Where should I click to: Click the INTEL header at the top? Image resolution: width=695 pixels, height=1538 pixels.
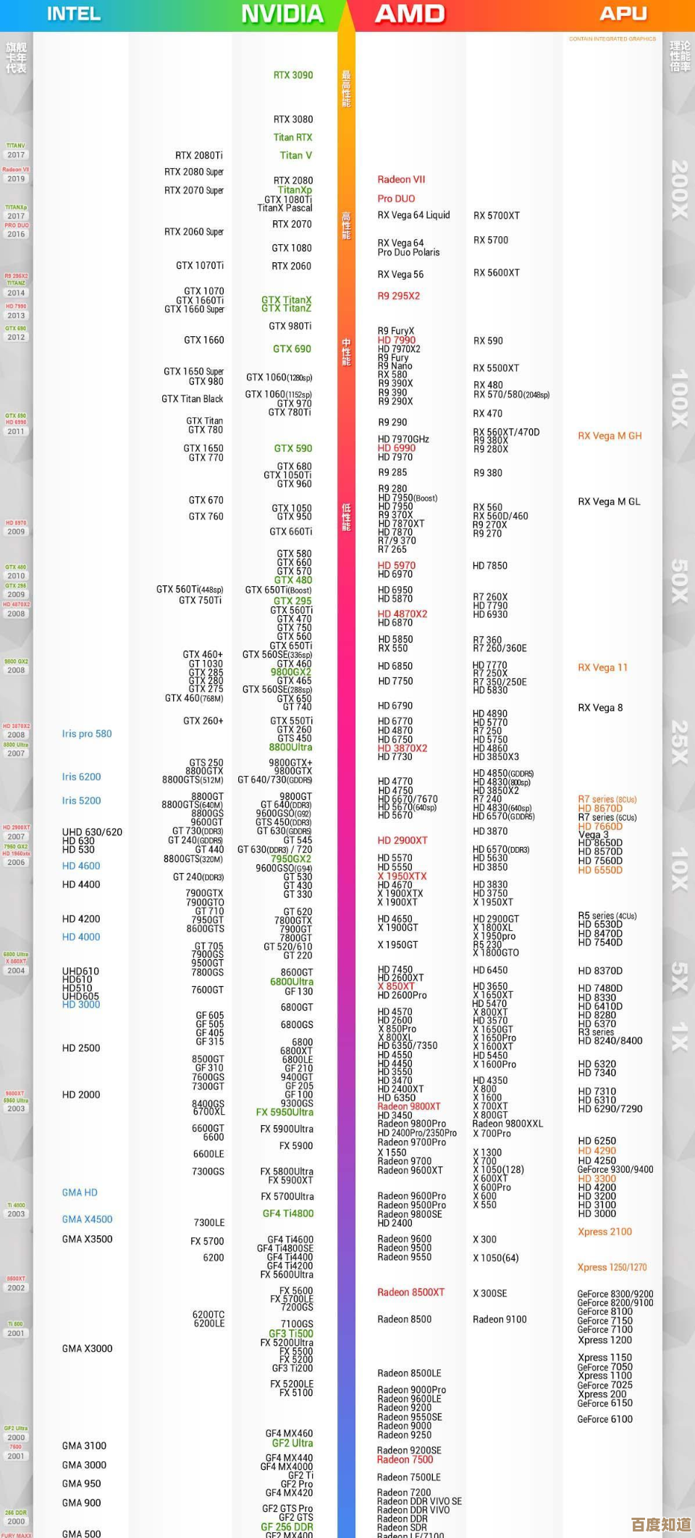click(73, 14)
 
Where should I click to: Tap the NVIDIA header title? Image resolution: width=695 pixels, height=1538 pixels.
click(282, 14)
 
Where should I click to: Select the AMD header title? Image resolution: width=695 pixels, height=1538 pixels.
click(410, 14)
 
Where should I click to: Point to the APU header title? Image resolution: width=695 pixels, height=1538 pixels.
click(623, 14)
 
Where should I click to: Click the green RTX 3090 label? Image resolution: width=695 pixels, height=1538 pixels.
click(293, 75)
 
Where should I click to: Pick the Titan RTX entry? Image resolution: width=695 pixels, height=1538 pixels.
click(293, 138)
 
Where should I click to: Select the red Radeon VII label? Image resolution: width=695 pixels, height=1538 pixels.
click(401, 180)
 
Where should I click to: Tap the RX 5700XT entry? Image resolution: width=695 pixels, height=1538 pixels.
click(497, 216)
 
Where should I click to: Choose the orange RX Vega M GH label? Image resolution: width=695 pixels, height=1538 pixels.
click(610, 436)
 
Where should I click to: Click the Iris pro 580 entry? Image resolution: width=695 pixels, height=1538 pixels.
click(87, 734)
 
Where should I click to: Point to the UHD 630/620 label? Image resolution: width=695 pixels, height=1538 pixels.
click(92, 832)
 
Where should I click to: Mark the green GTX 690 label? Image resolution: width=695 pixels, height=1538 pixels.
click(292, 349)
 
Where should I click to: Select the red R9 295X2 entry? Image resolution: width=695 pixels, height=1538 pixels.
click(398, 296)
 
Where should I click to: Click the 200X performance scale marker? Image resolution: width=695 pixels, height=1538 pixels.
click(679, 190)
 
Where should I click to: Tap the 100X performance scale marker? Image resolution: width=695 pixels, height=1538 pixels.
click(679, 398)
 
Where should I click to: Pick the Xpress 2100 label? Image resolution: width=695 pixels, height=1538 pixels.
click(605, 1232)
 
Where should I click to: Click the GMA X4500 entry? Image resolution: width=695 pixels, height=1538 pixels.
click(87, 1220)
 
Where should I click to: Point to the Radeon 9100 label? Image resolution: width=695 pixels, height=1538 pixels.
click(500, 1320)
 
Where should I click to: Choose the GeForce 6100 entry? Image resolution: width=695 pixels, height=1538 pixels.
click(605, 1420)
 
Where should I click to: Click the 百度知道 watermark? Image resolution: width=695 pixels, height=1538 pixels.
click(661, 1524)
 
